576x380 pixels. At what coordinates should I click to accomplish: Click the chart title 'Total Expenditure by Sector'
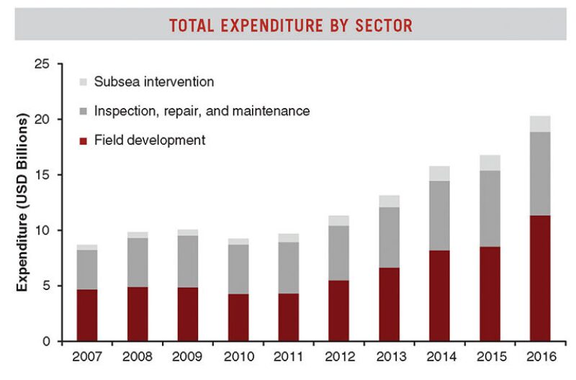coord(290,26)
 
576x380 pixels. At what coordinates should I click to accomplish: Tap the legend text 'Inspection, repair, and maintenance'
coord(202,111)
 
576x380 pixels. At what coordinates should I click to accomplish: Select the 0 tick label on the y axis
coord(46,341)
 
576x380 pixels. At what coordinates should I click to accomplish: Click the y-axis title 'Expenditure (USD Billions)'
coord(23,202)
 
